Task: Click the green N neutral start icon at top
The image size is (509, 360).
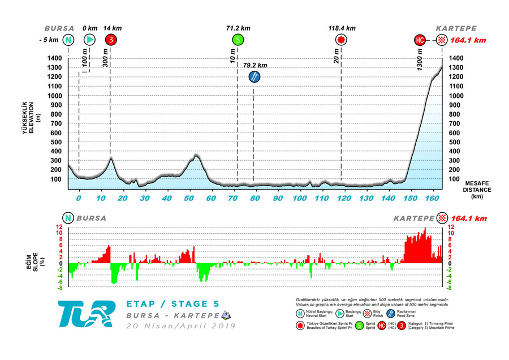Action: pos(68,40)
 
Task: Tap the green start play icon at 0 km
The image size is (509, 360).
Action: pos(89,40)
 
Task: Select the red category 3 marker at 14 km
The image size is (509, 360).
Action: pos(111,40)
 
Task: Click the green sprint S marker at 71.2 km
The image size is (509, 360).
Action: pos(238,40)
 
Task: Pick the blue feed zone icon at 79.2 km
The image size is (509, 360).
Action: pos(255,76)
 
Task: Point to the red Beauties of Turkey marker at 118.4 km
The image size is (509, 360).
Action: pos(341,40)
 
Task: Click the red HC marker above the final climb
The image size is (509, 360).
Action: pos(420,40)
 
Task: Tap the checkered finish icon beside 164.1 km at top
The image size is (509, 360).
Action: pos(441,40)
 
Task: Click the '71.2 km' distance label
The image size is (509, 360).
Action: pos(238,28)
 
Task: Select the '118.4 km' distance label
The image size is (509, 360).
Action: pos(342,28)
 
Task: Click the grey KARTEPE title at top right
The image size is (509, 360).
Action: pos(456,28)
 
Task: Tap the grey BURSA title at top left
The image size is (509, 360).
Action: pos(60,28)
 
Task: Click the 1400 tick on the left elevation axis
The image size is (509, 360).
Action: pos(54,58)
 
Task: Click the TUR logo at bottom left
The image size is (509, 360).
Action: pos(85,314)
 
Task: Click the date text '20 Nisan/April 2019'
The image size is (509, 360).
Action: pos(180,326)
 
